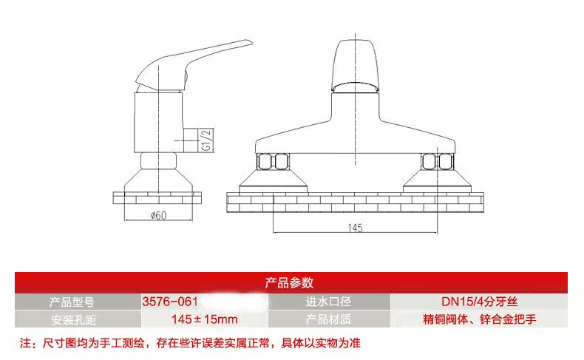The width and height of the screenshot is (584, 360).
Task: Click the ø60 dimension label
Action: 157,216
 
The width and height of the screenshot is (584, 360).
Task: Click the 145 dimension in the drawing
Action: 356,228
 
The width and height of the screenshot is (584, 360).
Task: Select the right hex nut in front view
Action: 436,161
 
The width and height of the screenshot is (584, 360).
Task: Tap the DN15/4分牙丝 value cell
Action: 479,302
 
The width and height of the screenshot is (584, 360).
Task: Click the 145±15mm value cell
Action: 205,320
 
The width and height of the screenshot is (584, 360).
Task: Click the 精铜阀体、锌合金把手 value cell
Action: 479,320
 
